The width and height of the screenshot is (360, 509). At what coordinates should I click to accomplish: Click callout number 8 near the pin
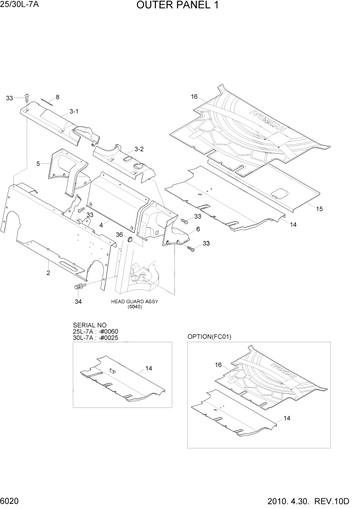57,97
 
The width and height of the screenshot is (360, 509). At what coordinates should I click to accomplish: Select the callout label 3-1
74,111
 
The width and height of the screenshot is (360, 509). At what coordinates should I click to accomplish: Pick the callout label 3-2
139,149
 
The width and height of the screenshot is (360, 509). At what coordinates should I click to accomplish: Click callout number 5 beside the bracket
38,164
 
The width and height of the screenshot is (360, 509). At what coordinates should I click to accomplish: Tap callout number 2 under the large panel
48,273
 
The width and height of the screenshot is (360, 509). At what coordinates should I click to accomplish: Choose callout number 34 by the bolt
78,301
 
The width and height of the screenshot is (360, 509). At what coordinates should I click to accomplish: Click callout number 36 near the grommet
119,234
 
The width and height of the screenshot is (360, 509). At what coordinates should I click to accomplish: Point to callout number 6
197,229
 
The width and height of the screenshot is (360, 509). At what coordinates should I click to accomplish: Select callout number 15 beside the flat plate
319,209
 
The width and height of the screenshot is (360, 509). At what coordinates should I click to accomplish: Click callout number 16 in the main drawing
194,96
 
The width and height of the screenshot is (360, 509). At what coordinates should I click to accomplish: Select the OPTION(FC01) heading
210,337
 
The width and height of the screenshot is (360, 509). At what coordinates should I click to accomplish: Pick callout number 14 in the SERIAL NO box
149,368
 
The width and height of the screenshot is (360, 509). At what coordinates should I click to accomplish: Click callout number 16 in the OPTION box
218,365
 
